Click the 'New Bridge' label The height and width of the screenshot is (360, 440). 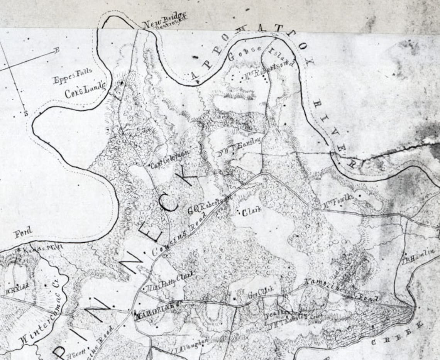pos(157,24)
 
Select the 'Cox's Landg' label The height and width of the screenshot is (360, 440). pos(85,91)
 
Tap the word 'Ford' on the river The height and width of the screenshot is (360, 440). pos(23,233)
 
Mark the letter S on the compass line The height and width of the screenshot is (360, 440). pos(26,113)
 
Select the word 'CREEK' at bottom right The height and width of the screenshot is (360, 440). pos(398,334)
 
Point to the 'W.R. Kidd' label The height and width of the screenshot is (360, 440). pos(14,290)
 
